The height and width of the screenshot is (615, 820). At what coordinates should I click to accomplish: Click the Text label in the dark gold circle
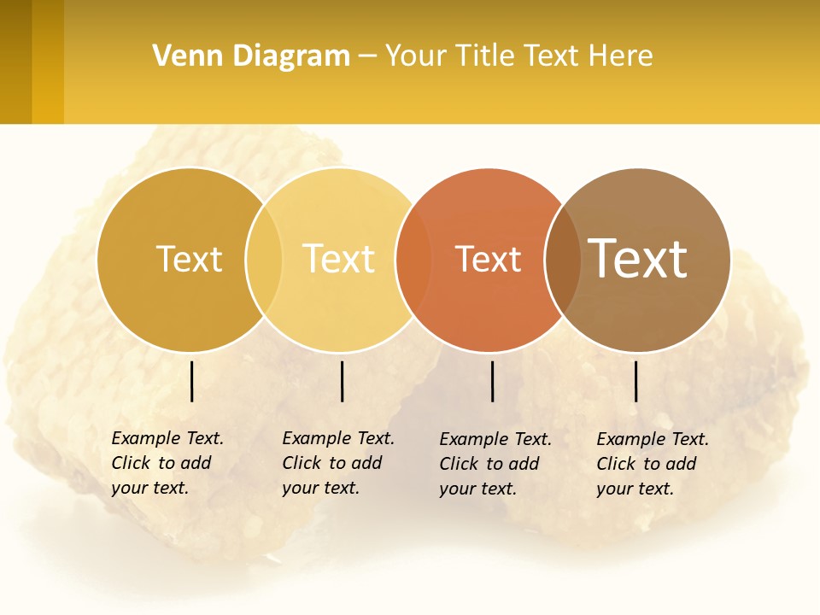click(x=189, y=259)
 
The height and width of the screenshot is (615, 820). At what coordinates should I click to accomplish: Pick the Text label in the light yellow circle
click(x=339, y=259)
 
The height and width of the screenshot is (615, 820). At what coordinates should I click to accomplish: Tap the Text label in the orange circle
click(x=488, y=260)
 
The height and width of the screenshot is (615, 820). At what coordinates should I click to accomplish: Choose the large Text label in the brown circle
click(x=638, y=259)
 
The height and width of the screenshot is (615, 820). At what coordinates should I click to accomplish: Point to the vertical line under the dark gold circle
click(x=192, y=381)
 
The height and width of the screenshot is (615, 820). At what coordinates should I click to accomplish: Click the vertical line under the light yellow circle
click(x=342, y=381)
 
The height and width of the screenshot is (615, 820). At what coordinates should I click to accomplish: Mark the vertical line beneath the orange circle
click(x=493, y=381)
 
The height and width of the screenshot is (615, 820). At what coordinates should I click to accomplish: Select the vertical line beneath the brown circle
click(x=636, y=381)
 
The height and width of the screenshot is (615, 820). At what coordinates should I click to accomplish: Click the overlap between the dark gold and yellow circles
click(x=264, y=260)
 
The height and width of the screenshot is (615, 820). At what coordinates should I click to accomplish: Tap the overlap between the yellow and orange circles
click(x=413, y=260)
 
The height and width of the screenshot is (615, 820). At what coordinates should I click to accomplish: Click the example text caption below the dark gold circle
click(x=167, y=463)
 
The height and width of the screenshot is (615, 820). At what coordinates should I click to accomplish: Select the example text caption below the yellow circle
click(x=338, y=463)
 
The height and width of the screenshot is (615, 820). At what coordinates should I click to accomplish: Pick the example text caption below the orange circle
click(x=495, y=464)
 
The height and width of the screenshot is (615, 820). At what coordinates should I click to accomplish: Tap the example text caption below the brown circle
click(x=653, y=464)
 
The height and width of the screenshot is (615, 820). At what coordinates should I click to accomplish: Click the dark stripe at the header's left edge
click(x=15, y=61)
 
